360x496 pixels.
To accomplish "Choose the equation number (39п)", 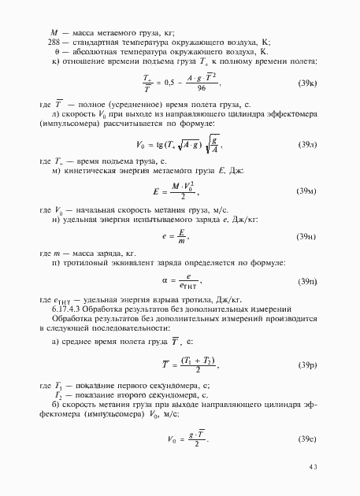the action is click(x=306, y=281).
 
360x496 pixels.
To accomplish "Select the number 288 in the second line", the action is click(x=54, y=41).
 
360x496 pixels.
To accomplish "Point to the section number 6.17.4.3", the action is click(x=69, y=309).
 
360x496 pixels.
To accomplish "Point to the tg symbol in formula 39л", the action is click(x=161, y=145).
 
